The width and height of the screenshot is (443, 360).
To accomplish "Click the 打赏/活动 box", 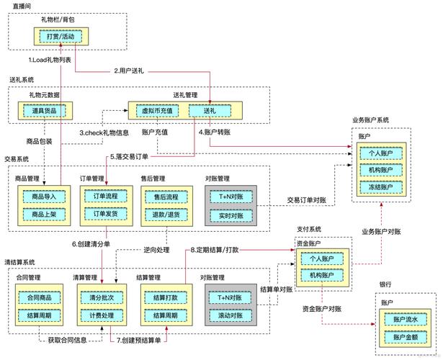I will (x=57, y=36).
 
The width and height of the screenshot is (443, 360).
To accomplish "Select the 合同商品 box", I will (x=43, y=297).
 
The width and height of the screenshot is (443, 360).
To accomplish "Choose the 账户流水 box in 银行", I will (x=405, y=319).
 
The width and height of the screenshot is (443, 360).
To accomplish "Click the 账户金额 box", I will (x=405, y=337).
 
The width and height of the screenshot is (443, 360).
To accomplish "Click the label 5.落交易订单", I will (x=130, y=157).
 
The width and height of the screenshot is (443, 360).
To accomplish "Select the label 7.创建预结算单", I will (x=141, y=339).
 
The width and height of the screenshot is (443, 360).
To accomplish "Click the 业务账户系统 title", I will (x=379, y=120).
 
